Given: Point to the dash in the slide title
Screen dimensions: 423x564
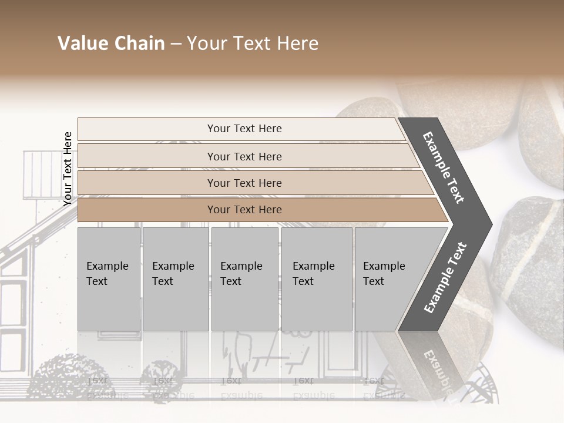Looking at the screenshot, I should pyautogui.click(x=176, y=44).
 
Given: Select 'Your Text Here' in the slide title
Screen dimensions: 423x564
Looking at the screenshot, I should pyautogui.click(x=253, y=43).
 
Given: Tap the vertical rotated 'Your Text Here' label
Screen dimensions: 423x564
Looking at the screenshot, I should pyautogui.click(x=68, y=169).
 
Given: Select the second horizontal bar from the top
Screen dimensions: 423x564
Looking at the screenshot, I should pyautogui.click(x=244, y=156).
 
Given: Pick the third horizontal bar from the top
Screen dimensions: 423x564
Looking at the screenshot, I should pyautogui.click(x=244, y=183).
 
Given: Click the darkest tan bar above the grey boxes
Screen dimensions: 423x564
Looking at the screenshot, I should pyautogui.click(x=244, y=210).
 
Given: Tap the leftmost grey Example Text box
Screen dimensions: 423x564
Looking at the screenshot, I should pyautogui.click(x=109, y=279).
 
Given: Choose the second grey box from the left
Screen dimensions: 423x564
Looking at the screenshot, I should pyautogui.click(x=175, y=279).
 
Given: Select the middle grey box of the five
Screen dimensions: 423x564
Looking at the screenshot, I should pyautogui.click(x=244, y=279).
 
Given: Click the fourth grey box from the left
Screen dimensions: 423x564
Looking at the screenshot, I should pyautogui.click(x=317, y=279).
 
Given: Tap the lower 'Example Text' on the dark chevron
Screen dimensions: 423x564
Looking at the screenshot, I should pyautogui.click(x=445, y=278).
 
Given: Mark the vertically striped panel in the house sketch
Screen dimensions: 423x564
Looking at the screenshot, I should pyautogui.click(x=39, y=170).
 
